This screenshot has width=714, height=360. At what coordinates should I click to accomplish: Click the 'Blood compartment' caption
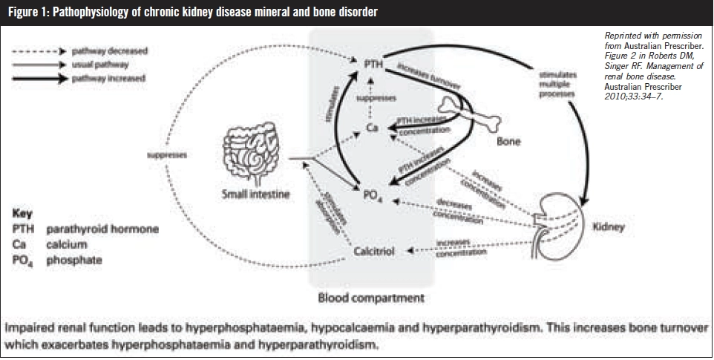tap(371, 298)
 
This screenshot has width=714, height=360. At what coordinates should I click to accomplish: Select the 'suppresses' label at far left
tap(166, 156)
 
